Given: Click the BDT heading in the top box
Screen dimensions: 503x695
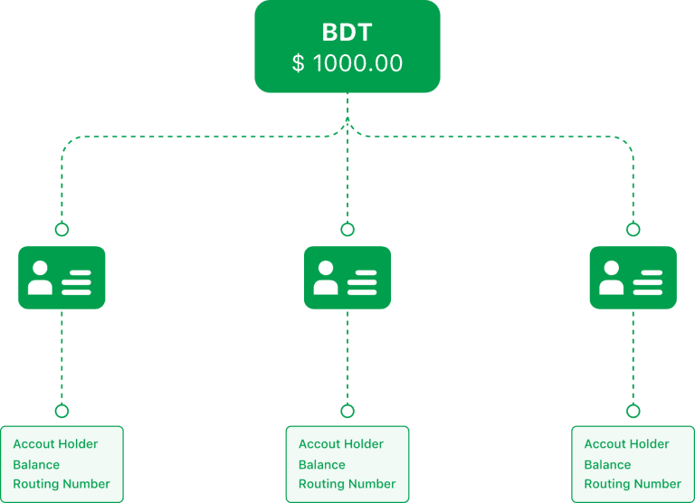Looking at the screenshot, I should click(347, 32).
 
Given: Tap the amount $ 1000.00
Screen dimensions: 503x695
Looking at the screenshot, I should click(347, 63).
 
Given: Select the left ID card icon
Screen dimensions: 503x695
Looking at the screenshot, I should click(62, 278).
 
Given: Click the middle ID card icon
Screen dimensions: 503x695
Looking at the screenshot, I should click(347, 278).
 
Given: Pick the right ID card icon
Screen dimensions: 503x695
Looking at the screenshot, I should click(633, 278).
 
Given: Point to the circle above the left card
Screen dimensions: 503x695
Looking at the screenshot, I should click(62, 230).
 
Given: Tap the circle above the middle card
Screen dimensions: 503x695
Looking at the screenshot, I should click(347, 230).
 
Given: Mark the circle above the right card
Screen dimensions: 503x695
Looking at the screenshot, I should click(633, 230).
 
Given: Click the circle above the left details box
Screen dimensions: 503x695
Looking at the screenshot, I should click(62, 411).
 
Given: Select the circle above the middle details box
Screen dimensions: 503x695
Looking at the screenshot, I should click(347, 411).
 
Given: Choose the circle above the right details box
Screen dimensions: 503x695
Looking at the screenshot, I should click(633, 411).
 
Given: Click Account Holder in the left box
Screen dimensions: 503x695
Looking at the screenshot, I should click(55, 444).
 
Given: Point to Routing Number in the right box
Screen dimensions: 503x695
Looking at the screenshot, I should click(633, 484).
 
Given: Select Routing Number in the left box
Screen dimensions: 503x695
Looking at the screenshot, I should click(61, 484).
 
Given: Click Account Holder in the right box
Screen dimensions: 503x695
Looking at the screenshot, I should click(627, 444).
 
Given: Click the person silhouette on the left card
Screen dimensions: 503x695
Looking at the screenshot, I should click(40, 279).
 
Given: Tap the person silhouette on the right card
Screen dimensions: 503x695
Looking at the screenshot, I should click(611, 279).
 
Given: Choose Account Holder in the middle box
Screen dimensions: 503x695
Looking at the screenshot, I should click(341, 444).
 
